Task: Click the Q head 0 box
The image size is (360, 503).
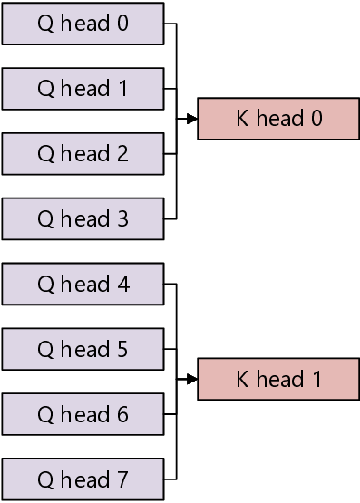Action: [83, 24]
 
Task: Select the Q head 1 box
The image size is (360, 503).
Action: [83, 89]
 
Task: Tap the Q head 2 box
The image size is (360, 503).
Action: [83, 154]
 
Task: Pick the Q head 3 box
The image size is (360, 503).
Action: [83, 219]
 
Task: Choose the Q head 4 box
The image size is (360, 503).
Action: [83, 285]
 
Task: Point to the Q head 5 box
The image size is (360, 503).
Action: [83, 350]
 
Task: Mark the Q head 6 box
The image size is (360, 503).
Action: [83, 415]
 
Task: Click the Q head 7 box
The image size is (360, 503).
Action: [83, 480]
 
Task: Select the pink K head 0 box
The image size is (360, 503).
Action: [278, 119]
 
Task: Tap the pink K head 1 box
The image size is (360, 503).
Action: [278, 380]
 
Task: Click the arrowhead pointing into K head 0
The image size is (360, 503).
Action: [192, 119]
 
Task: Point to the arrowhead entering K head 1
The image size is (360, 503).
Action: [192, 380]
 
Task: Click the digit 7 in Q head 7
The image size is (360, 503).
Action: [122, 480]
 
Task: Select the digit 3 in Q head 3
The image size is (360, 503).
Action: [122, 219]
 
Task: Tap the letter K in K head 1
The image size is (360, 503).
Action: [242, 380]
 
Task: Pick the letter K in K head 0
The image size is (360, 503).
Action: [242, 119]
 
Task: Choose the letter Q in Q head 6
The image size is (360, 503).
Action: [46, 415]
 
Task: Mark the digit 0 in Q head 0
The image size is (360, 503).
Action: [122, 24]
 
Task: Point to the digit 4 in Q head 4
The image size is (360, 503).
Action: [122, 285]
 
